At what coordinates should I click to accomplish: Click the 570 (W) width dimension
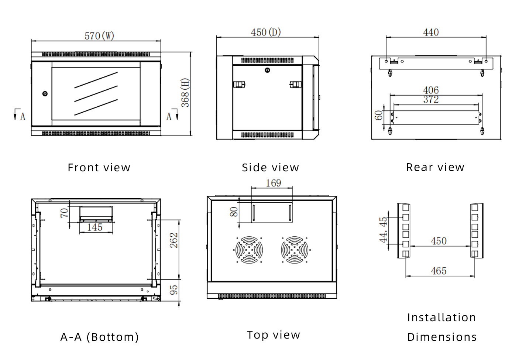point(99,36)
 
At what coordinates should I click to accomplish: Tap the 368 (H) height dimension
point(185,93)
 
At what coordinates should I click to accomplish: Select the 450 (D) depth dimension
point(266,32)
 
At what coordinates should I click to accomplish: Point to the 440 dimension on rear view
point(431,32)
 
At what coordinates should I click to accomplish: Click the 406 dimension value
point(431,90)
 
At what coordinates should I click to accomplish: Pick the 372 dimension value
point(431,99)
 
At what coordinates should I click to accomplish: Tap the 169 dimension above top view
point(273,183)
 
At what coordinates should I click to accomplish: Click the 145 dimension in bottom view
point(95,227)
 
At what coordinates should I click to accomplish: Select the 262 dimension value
point(174,240)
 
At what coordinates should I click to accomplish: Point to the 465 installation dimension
point(439,271)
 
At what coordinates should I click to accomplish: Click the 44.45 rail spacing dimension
point(384,230)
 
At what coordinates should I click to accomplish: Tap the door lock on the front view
point(45,94)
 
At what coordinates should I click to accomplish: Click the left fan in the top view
point(249,250)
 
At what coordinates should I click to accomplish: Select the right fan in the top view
point(294,250)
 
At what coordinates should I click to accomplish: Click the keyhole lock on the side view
point(267,70)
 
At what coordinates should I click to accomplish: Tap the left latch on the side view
point(239,85)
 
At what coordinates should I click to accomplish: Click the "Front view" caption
point(99,168)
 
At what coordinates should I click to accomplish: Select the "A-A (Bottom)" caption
point(100,337)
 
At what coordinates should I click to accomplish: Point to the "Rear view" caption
point(435,167)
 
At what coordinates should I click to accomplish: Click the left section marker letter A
point(23,117)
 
